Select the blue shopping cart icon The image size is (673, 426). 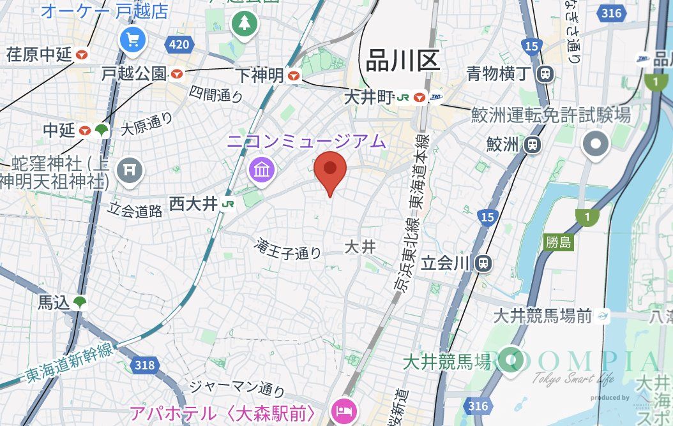click(x=133, y=41)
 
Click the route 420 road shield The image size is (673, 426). click(x=179, y=45)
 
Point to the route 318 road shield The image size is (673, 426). click(x=144, y=365)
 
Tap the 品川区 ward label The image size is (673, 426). click(x=403, y=62)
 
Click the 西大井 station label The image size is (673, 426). click(x=194, y=204)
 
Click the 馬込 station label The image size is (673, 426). click(x=54, y=303)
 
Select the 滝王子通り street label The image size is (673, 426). click(x=288, y=249)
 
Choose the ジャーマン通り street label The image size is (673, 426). click(x=238, y=387)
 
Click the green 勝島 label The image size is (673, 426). click(x=559, y=242)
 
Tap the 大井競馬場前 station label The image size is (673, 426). click(x=543, y=315)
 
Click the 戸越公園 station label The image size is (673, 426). click(x=134, y=74)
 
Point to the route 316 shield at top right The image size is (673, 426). click(x=611, y=13)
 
